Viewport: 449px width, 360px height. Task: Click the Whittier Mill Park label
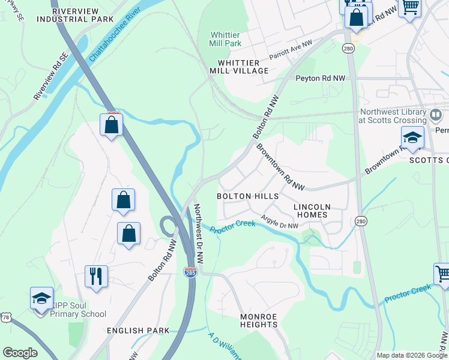coord(225,39)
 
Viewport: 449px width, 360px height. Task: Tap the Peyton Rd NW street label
coord(321,79)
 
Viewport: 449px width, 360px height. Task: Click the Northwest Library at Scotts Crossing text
coord(393,116)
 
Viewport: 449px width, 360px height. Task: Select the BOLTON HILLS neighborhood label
coord(247,196)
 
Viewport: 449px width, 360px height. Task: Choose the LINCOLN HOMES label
coord(310,211)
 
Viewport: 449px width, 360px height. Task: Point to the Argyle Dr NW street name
coord(279,222)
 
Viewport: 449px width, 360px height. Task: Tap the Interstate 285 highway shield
coord(190,273)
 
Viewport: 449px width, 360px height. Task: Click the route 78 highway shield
coord(5,316)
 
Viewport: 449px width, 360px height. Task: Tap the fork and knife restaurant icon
coord(96,277)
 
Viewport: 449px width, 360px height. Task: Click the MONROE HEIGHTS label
coord(259,320)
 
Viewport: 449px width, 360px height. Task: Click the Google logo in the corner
coord(20,352)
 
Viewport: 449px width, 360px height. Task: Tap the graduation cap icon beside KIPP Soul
coord(42,298)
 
